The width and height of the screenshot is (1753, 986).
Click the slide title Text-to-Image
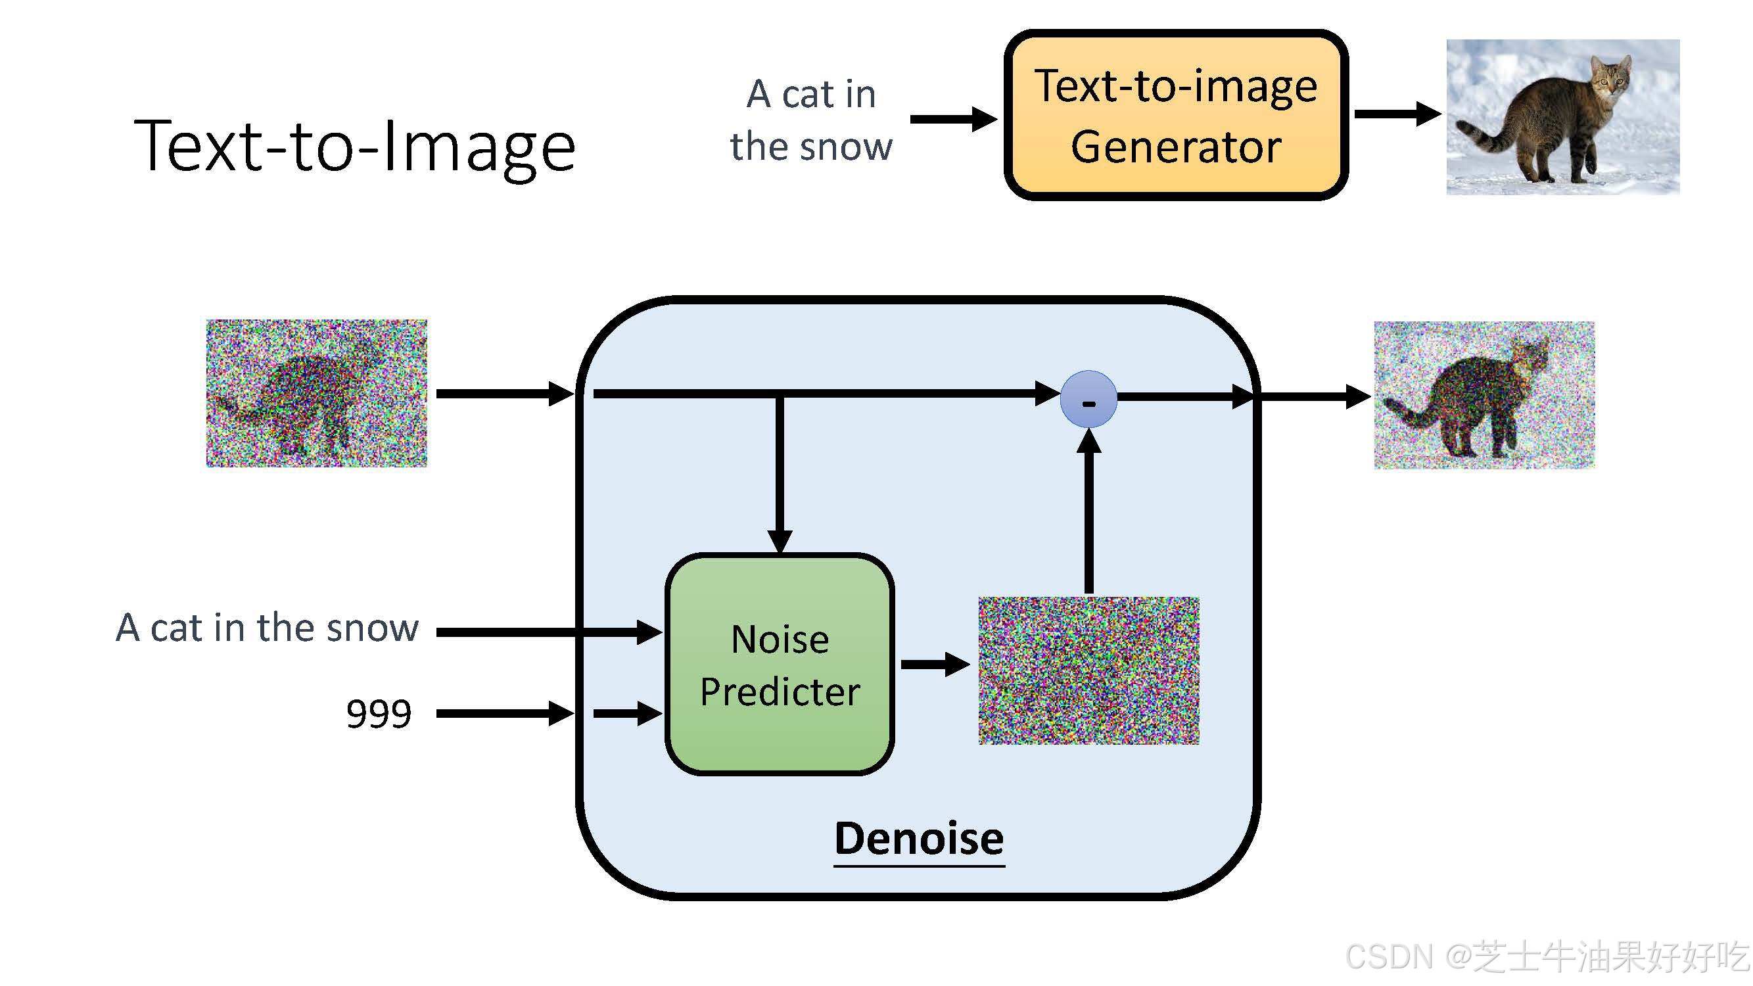354,147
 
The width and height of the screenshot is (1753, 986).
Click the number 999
379,714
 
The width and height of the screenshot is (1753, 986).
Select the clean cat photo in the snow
1562,117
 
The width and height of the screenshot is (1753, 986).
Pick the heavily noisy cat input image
316,393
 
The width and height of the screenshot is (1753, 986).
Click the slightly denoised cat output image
1484,395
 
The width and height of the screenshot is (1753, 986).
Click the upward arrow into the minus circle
1089,510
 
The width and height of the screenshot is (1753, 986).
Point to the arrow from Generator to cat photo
1396,114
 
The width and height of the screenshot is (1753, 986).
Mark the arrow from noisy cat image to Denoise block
503,393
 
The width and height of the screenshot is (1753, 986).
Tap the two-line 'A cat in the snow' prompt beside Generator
810,120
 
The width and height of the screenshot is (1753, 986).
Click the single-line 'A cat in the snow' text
267,627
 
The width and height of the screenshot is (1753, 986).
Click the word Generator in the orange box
1175,147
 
